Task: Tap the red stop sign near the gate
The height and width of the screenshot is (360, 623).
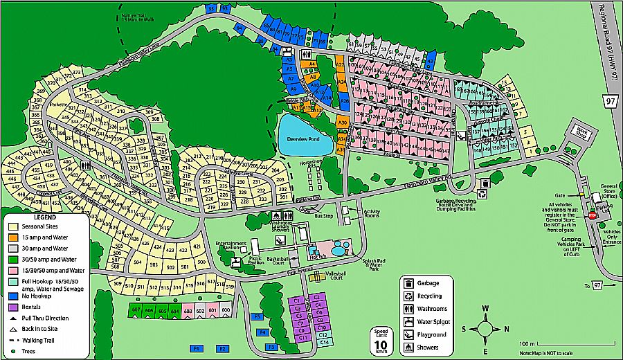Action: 592,215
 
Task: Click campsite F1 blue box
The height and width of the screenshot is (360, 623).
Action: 196,348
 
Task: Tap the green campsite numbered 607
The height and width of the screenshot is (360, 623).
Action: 136,312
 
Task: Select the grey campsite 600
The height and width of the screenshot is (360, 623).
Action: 226,312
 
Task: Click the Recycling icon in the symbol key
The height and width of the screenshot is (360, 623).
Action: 409,296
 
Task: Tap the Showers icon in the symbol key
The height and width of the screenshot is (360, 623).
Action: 409,347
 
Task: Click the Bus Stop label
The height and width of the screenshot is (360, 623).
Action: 323,216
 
